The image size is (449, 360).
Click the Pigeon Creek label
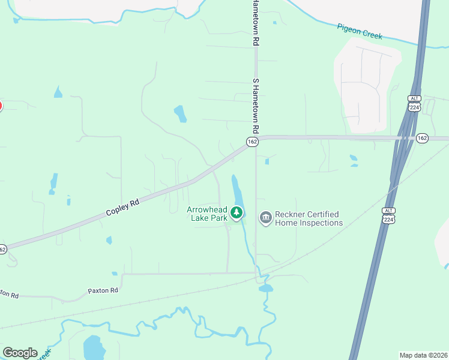tap(360, 32)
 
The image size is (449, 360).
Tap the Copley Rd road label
tap(122, 208)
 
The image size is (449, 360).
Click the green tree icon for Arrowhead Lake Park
tap(237, 212)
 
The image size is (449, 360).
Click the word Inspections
tap(320, 223)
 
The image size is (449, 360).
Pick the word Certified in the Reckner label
tap(323, 214)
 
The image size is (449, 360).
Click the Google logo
tap(20, 352)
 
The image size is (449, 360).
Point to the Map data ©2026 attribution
tap(423, 355)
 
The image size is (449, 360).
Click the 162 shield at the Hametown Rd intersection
tap(252, 142)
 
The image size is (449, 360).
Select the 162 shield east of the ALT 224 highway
tap(422, 138)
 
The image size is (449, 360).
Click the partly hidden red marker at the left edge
tap(1, 106)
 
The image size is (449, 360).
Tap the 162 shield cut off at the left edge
tap(2, 249)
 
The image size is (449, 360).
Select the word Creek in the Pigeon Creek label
tap(372, 34)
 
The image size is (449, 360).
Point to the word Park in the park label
tap(219, 218)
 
